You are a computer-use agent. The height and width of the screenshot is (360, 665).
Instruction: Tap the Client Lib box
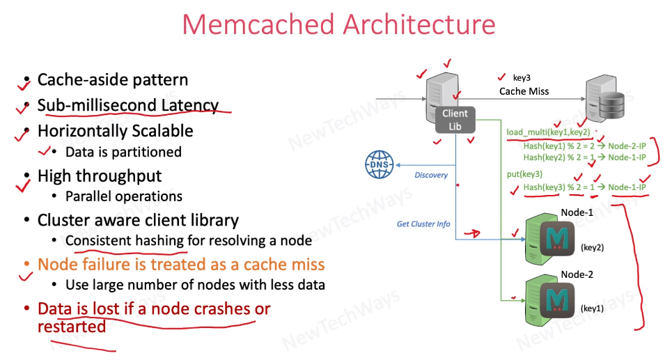tap(455, 119)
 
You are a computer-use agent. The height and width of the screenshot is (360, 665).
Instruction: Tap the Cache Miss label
tap(524, 91)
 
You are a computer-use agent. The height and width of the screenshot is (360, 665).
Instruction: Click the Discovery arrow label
tap(431, 175)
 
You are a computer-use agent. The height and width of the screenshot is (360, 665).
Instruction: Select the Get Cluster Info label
tap(423, 224)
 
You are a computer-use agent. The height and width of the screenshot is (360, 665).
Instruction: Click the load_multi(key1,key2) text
tap(549, 132)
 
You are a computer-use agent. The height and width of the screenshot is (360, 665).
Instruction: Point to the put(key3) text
tap(524, 173)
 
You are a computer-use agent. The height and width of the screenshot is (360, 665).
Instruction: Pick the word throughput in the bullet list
tap(122, 175)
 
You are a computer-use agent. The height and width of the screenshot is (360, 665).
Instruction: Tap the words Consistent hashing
tap(125, 241)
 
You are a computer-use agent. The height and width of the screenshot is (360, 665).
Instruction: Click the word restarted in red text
tap(72, 326)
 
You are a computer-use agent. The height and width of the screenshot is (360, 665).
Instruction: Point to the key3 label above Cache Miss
tap(522, 78)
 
